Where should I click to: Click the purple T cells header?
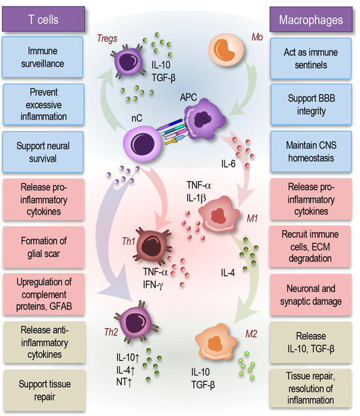pos(43,18)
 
